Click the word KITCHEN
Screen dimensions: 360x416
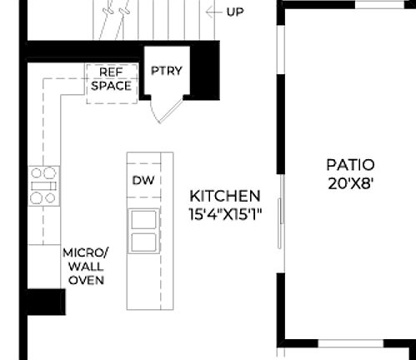pyautogui.click(x=225, y=196)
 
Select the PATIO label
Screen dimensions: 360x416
pyautogui.click(x=350, y=165)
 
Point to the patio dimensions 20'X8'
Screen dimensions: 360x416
pyautogui.click(x=350, y=182)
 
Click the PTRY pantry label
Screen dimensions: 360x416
pyautogui.click(x=167, y=70)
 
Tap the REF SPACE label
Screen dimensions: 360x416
pyautogui.click(x=111, y=79)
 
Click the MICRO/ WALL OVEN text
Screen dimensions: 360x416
pyautogui.click(x=86, y=266)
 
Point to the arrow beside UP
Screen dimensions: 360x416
pyautogui.click(x=215, y=12)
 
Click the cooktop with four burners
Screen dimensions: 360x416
pyautogui.click(x=44, y=185)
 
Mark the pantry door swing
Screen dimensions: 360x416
pyautogui.click(x=162, y=109)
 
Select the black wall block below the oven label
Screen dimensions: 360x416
pyautogui.click(x=45, y=301)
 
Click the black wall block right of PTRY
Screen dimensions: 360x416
pyautogui.click(x=206, y=70)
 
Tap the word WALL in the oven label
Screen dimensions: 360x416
pyautogui.click(x=86, y=266)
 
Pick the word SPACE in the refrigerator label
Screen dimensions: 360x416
pyautogui.click(x=111, y=86)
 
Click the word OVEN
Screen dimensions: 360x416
pyautogui.click(x=86, y=280)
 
